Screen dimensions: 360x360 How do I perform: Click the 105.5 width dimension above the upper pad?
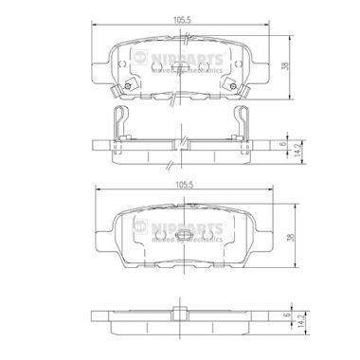[179, 15]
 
